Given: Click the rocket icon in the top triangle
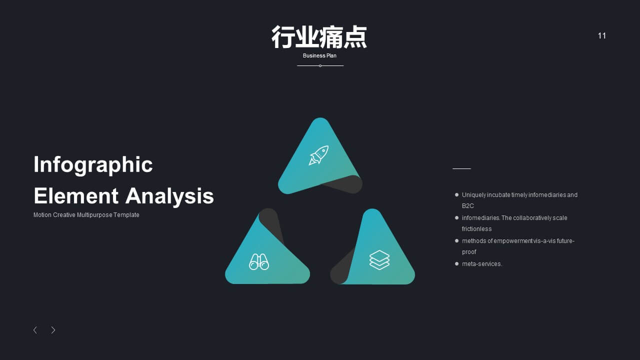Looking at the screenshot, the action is tap(318, 155).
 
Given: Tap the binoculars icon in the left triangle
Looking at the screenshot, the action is tap(259, 261).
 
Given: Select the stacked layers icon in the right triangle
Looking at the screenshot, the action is tap(379, 260).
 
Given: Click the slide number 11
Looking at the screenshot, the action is tap(601, 35).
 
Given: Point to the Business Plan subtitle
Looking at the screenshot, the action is tap(319, 55).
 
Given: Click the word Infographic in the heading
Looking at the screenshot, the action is tap(93, 165).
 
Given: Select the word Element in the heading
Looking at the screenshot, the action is tap(76, 196).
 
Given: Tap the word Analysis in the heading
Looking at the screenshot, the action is tap(169, 196).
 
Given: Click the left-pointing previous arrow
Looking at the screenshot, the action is tap(35, 330).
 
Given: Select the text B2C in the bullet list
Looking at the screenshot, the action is tap(467, 205).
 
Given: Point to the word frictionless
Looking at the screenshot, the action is tap(476, 229).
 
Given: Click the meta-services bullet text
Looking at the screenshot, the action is tap(482, 264).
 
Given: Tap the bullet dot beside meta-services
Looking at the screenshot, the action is tap(456, 263).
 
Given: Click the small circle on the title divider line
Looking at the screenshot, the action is tap(320, 65).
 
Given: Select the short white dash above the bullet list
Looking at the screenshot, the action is tap(461, 169).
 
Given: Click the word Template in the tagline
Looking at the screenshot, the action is tap(126, 215).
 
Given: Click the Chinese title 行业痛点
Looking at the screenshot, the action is tap(319, 37).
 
